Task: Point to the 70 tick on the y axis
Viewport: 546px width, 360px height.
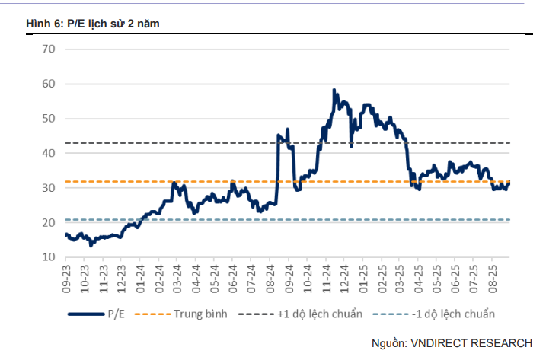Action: [x=50, y=49]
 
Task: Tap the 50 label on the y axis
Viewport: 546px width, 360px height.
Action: [x=50, y=118]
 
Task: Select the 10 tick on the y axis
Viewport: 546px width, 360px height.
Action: [x=50, y=256]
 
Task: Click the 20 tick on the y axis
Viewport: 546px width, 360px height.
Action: [x=50, y=222]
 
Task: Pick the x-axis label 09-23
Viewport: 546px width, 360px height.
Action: [x=66, y=275]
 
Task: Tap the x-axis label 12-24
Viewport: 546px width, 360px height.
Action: [x=344, y=275]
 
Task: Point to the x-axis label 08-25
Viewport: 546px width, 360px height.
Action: [x=492, y=275]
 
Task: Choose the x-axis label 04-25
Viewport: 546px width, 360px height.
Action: [x=418, y=275]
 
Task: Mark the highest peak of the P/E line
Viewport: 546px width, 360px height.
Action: [x=334, y=91]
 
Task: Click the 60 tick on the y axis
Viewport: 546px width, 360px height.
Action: [x=50, y=84]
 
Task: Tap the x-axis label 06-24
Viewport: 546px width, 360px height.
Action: [x=233, y=275]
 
